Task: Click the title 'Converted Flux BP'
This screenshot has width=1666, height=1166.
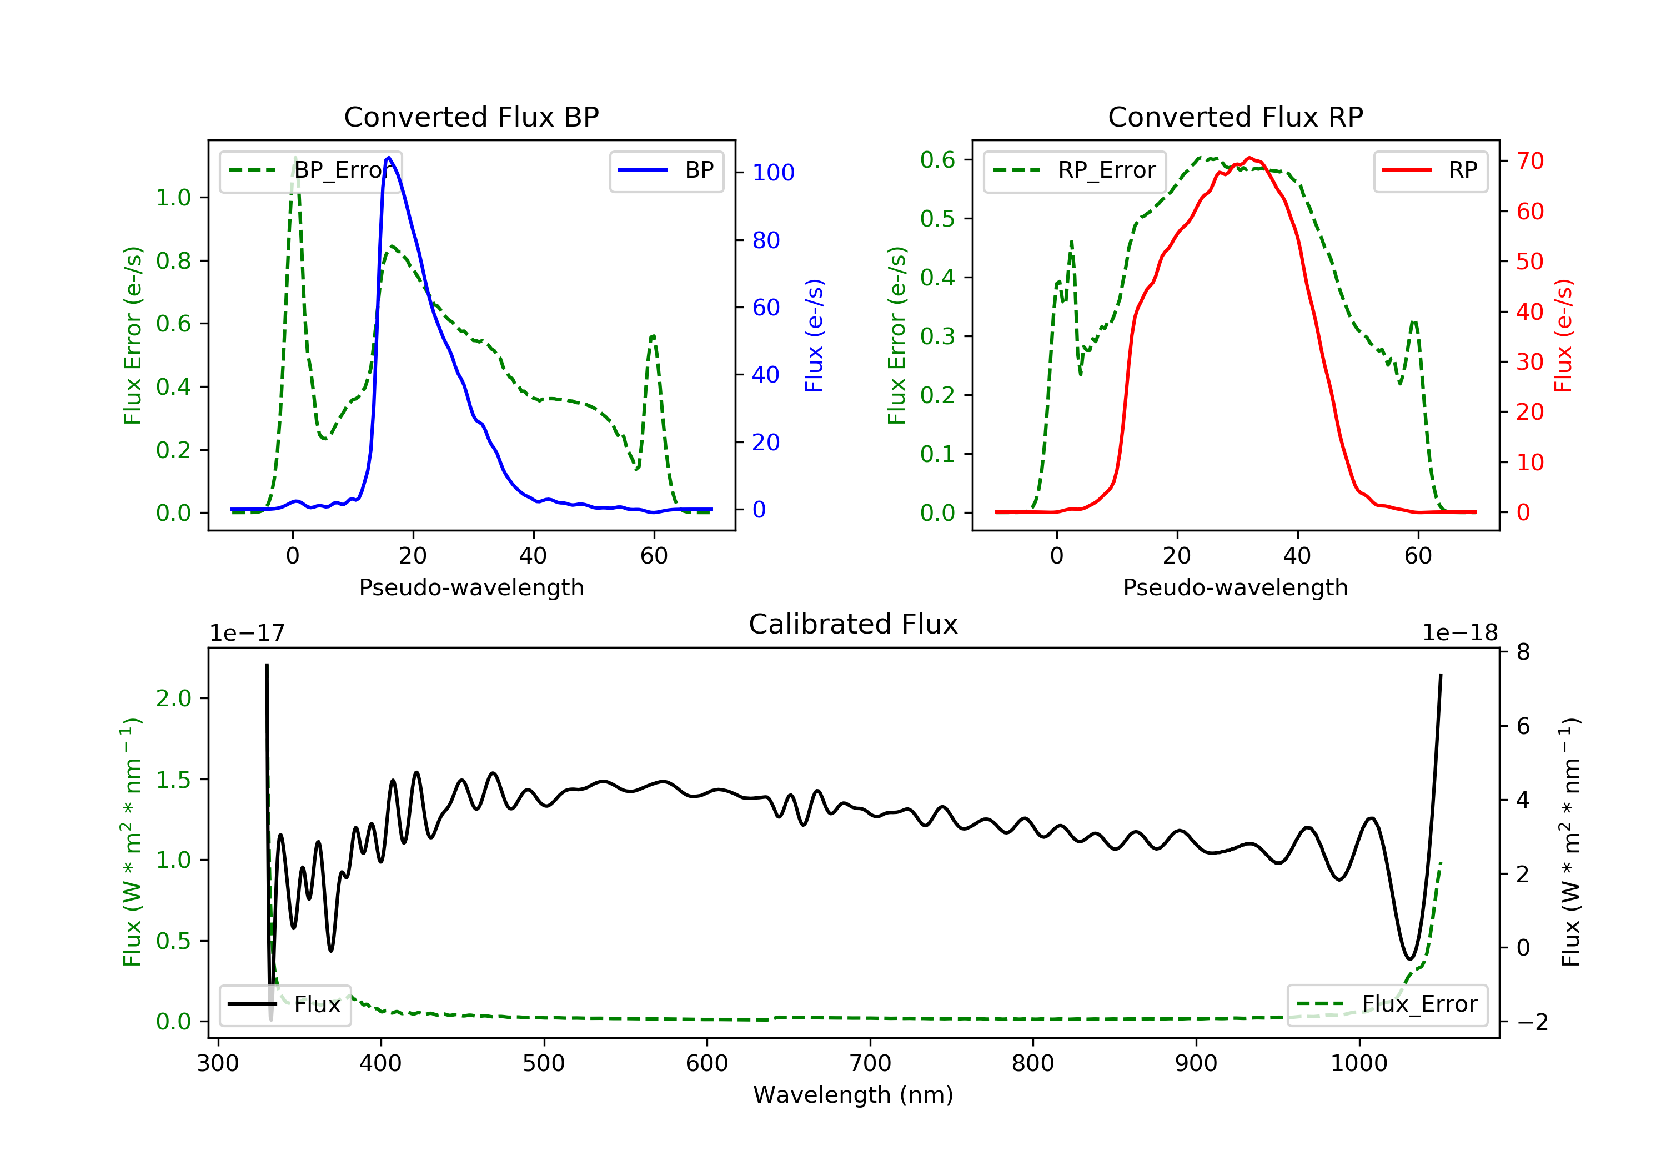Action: click(471, 117)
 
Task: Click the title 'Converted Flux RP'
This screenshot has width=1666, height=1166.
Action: click(1235, 117)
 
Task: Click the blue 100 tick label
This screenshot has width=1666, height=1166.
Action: click(773, 173)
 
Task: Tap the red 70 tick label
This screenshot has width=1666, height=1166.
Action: click(1530, 161)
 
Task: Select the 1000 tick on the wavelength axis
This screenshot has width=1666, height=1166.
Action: click(1358, 1064)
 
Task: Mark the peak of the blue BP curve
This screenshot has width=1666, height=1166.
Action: click(389, 158)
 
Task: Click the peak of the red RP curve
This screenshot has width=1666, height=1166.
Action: click(1249, 158)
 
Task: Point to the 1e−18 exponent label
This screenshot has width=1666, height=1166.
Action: click(1459, 633)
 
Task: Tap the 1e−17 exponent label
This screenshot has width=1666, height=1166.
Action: click(247, 633)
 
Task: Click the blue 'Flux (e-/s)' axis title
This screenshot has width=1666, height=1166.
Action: click(814, 335)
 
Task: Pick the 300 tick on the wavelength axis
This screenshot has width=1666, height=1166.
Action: click(218, 1064)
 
